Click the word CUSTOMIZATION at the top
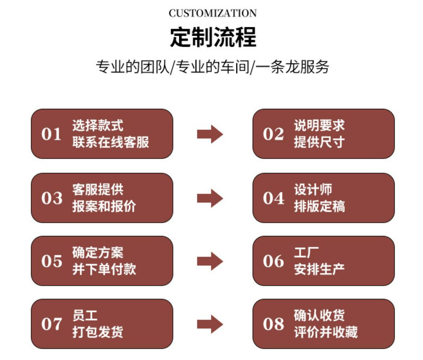[x=213, y=13]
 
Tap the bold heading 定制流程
[x=213, y=37]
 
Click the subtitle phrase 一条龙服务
[x=292, y=66]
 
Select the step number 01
[x=51, y=134]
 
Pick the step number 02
[x=273, y=134]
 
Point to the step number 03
[x=52, y=198]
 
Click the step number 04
[x=274, y=198]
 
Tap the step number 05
[x=52, y=261]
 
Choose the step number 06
[x=273, y=261]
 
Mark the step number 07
[x=52, y=324]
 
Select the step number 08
[x=273, y=324]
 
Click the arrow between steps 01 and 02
[x=210, y=134]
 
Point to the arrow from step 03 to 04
[x=210, y=198]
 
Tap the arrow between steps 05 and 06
[x=210, y=261]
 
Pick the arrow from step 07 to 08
[x=210, y=324]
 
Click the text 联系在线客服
[x=110, y=142]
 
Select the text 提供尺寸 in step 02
[x=320, y=142]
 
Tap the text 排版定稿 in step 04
[x=320, y=206]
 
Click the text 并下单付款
[x=104, y=269]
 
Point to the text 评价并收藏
[x=326, y=332]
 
